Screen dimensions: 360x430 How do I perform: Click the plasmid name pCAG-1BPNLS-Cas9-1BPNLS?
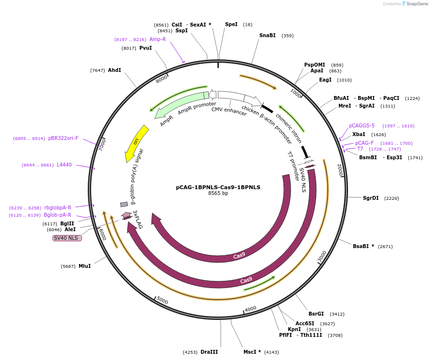pyautogui.click(x=218, y=187)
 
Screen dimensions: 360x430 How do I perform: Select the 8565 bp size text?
pyautogui.click(x=218, y=194)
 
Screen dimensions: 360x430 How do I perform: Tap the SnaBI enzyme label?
pyautogui.click(x=268, y=35)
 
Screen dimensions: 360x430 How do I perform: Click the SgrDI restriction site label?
pyautogui.click(x=371, y=198)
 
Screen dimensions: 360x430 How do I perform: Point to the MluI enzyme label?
pyautogui.click(x=84, y=266)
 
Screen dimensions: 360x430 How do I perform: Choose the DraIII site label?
pyautogui.click(x=209, y=352)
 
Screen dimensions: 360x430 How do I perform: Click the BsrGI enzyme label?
pyautogui.click(x=316, y=314)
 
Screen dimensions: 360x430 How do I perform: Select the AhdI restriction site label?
pyautogui.click(x=114, y=70)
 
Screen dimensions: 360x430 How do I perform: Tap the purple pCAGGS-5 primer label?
pyautogui.click(x=362, y=125)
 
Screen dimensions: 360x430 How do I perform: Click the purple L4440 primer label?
pyautogui.click(x=64, y=165)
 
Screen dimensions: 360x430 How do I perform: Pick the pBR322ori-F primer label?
pyautogui.click(x=63, y=138)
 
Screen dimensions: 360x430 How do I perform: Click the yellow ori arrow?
pyautogui.click(x=136, y=143)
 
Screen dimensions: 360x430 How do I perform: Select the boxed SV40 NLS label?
pyautogui.click(x=67, y=238)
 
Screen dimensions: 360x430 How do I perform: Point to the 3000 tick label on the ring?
pyautogui.click(x=322, y=256)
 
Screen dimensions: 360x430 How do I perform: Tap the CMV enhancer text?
pyautogui.click(x=229, y=111)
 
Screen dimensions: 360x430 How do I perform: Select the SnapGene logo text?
pyautogui.click(x=417, y=4)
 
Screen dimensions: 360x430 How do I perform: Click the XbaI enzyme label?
pyautogui.click(x=359, y=134)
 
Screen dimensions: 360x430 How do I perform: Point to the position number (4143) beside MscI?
pyautogui.click(x=272, y=352)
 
